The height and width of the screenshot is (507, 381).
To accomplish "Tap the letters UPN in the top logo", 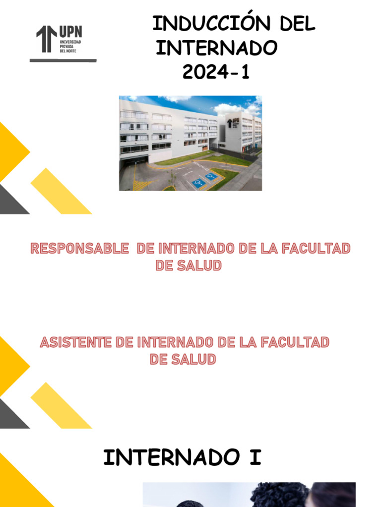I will pyautogui.click(x=70, y=32).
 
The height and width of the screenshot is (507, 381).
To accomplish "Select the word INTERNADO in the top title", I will pyautogui.click(x=216, y=48).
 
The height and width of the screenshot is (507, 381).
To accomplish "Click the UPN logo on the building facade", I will pyautogui.click(x=229, y=122).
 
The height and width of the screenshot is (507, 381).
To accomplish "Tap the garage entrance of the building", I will pyautogui.click(x=133, y=159).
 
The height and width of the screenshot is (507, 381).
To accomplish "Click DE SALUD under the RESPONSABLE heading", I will pyautogui.click(x=188, y=266).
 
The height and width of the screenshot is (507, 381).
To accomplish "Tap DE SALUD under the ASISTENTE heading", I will pyautogui.click(x=183, y=359).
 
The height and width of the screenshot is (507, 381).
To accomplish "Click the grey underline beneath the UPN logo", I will pyautogui.click(x=63, y=60).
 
